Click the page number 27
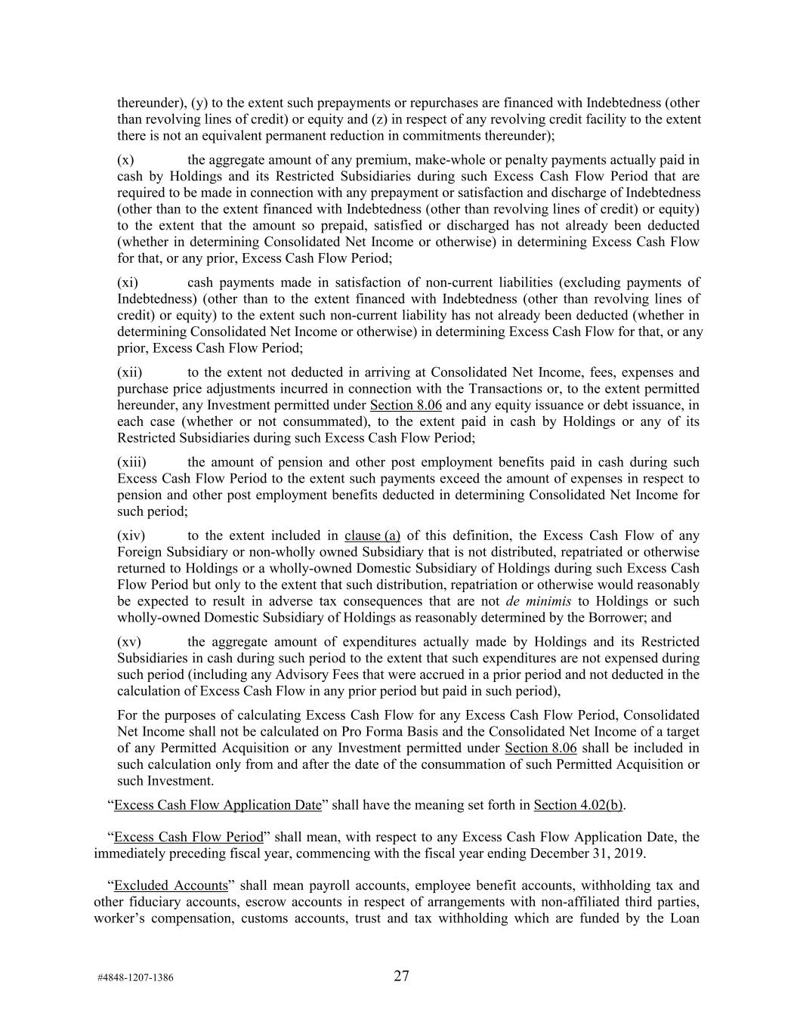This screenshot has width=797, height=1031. [401, 976]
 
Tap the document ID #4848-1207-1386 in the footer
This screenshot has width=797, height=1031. [135, 978]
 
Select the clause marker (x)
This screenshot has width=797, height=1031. [126, 159]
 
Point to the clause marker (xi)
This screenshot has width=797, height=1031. [128, 282]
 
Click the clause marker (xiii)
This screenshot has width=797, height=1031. [131, 462]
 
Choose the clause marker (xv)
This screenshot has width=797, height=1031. [129, 642]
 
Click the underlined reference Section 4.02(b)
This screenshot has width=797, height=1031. [579, 805]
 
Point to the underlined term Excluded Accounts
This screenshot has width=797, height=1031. [171, 886]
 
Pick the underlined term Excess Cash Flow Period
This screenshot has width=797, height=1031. [189, 838]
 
